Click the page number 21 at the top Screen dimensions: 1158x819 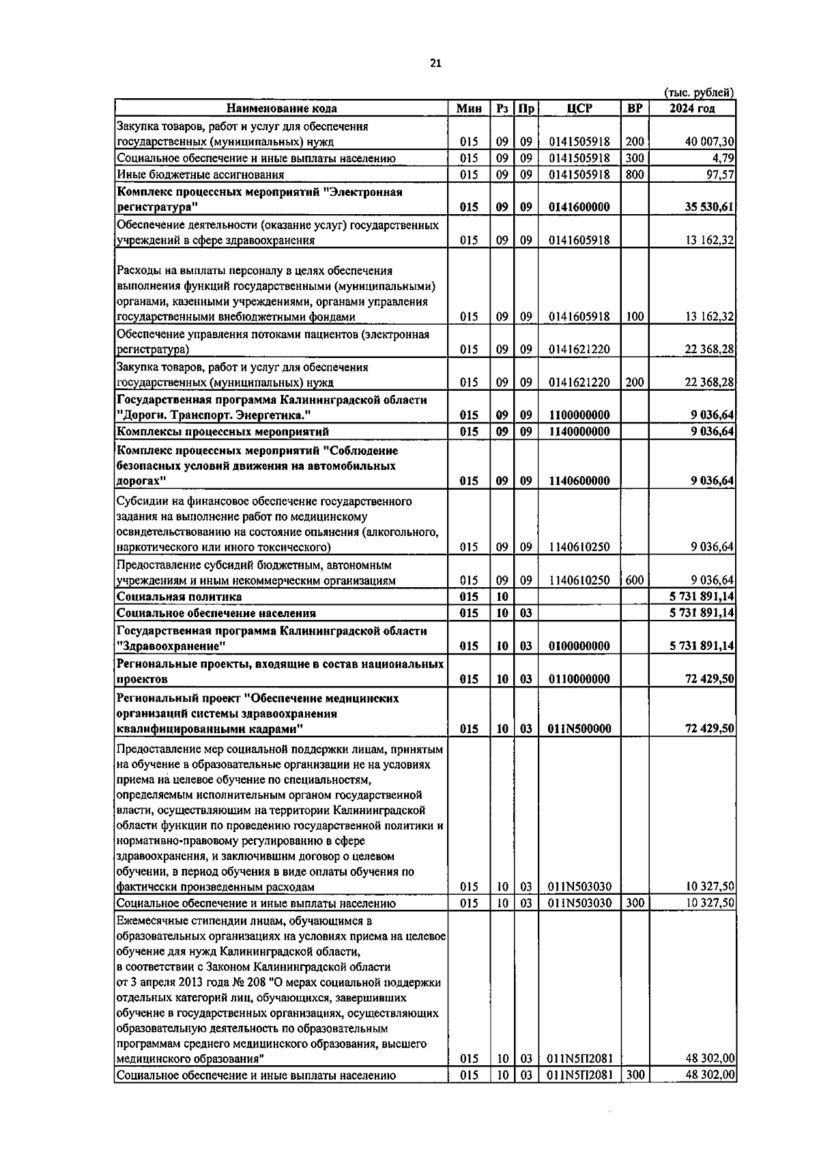(435, 63)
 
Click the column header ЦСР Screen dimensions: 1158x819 (579, 108)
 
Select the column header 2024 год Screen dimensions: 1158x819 (691, 108)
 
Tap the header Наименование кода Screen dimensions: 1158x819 (281, 108)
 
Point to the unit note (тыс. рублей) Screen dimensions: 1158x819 (698, 93)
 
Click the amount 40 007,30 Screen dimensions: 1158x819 (709, 142)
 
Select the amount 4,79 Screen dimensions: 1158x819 (723, 158)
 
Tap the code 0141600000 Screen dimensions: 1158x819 (579, 207)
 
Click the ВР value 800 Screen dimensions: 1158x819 (634, 175)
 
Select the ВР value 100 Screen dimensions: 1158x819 (634, 316)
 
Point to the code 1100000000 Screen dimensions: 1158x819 (579, 415)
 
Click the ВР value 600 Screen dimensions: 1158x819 (634, 580)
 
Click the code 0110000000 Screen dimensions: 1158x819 (579, 679)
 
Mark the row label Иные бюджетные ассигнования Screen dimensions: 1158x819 (190, 175)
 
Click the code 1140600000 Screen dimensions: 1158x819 (579, 481)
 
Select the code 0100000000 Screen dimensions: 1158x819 (579, 646)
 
